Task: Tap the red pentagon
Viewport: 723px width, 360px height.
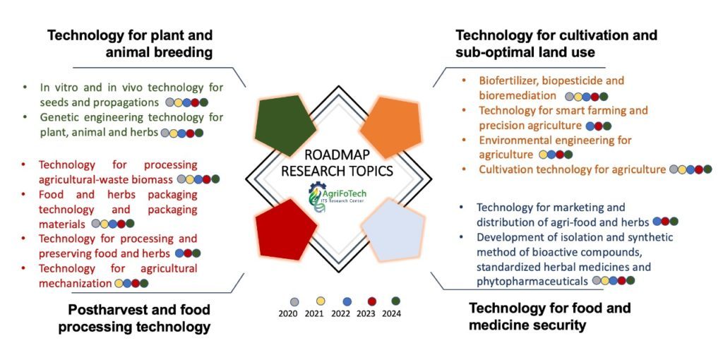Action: tap(284, 227)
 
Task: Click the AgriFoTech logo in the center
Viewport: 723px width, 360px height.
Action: tap(337, 194)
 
